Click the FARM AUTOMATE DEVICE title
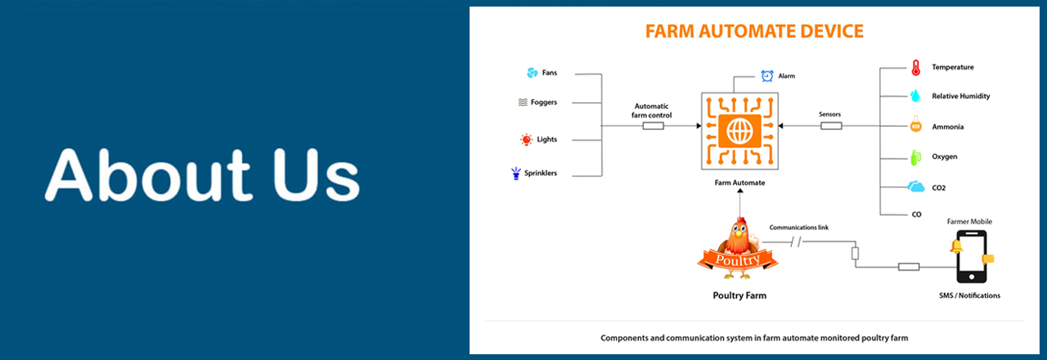tap(753, 32)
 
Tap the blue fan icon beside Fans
tap(532, 73)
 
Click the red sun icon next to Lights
tap(526, 140)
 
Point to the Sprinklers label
tap(541, 173)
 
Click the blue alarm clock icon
tap(767, 76)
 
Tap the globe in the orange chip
tap(739, 130)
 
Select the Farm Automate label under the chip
tap(739, 182)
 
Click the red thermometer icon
tap(915, 67)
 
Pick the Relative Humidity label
tap(960, 97)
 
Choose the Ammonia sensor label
tap(947, 127)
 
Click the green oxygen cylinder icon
tap(915, 156)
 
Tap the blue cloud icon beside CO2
tap(916, 187)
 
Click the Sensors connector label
tap(829, 115)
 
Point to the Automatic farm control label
tap(653, 110)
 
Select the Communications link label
tap(799, 227)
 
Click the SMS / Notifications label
tap(969, 295)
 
